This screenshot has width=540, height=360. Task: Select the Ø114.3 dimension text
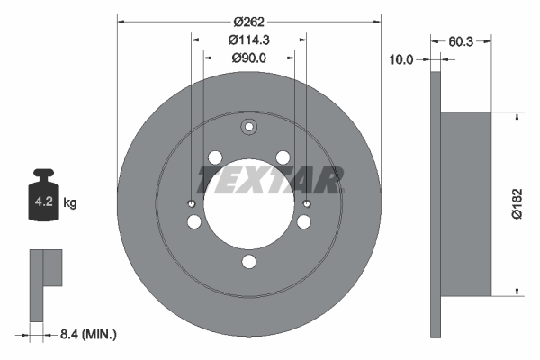[249, 40]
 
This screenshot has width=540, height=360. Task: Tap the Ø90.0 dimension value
[249, 58]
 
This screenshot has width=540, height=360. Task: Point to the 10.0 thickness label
[400, 59]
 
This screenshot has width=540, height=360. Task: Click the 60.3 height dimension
[463, 40]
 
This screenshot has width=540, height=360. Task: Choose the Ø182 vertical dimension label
[530, 203]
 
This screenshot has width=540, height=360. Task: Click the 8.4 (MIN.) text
[87, 334]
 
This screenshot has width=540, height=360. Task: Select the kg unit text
[71, 203]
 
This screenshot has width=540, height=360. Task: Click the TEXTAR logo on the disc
[270, 180]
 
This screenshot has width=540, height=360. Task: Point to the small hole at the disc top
[249, 126]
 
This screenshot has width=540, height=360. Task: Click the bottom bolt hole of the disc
[249, 264]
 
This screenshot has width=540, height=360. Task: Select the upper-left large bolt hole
[215, 157]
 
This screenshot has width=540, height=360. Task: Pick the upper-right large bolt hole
[283, 157]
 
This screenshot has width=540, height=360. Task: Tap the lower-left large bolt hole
[193, 223]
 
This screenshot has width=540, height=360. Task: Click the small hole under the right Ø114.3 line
[307, 204]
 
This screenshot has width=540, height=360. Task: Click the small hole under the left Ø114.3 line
[192, 204]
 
